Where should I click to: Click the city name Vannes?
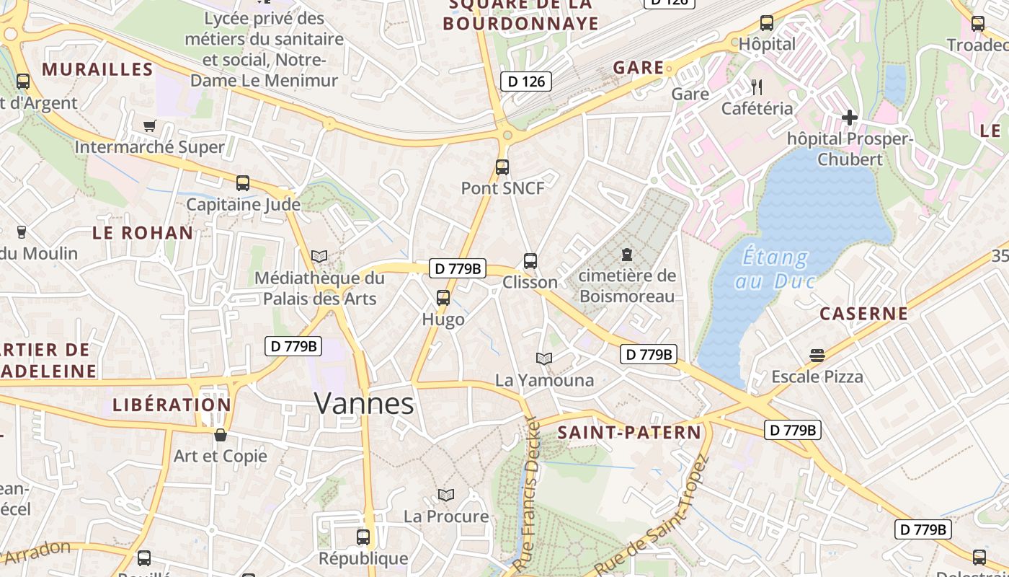click(x=364, y=403)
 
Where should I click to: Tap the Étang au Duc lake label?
click(x=774, y=268)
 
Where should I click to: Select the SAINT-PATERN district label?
click(x=629, y=433)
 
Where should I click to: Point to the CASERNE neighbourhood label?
click(x=863, y=314)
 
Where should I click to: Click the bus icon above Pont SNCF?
click(x=502, y=167)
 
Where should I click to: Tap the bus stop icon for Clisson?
click(x=530, y=261)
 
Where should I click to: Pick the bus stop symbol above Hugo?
click(x=443, y=297)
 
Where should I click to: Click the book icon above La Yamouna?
click(x=544, y=358)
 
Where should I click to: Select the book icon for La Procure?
click(x=446, y=495)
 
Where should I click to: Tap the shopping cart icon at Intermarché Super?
click(x=150, y=126)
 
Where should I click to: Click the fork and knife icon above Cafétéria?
click(x=757, y=87)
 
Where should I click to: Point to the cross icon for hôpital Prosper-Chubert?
click(x=850, y=117)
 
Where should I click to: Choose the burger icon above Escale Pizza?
click(x=817, y=355)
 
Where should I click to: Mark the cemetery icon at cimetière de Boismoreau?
click(x=627, y=255)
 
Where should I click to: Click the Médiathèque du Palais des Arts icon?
click(x=319, y=256)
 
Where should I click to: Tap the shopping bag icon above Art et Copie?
click(x=221, y=435)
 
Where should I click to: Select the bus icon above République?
click(x=363, y=537)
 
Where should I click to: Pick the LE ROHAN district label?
click(x=143, y=233)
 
